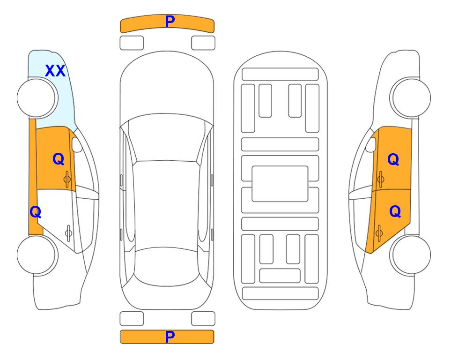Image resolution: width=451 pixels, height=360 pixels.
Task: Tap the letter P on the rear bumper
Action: (x=170, y=337)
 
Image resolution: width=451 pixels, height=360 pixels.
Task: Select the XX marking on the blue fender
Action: (x=55, y=71)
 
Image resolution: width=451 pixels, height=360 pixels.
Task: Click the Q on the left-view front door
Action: (x=59, y=159)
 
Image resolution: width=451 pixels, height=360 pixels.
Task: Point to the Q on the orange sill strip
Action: (x=36, y=212)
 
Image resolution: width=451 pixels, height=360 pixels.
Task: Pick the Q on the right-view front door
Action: (x=393, y=159)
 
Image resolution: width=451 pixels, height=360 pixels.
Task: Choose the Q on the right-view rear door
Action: (x=395, y=211)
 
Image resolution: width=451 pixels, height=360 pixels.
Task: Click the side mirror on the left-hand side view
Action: (x=77, y=144)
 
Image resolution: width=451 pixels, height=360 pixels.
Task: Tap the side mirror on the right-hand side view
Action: (x=371, y=144)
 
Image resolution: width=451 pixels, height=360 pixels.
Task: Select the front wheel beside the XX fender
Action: (x=37, y=98)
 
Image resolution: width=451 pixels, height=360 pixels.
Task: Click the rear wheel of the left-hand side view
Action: (x=37, y=255)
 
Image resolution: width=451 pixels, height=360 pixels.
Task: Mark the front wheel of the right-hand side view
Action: (x=410, y=97)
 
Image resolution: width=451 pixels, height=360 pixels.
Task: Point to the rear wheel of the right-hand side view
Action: (x=410, y=255)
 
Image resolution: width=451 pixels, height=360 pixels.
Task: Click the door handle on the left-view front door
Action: (x=67, y=179)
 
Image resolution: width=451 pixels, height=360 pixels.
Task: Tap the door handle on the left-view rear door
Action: (x=68, y=233)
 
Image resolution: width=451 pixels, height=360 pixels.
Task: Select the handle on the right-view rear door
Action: (x=379, y=233)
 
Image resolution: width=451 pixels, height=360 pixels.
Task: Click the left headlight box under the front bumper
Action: (x=132, y=43)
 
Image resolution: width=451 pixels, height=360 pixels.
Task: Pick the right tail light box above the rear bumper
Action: (x=203, y=319)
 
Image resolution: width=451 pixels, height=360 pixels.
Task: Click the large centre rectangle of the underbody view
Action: (x=280, y=184)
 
